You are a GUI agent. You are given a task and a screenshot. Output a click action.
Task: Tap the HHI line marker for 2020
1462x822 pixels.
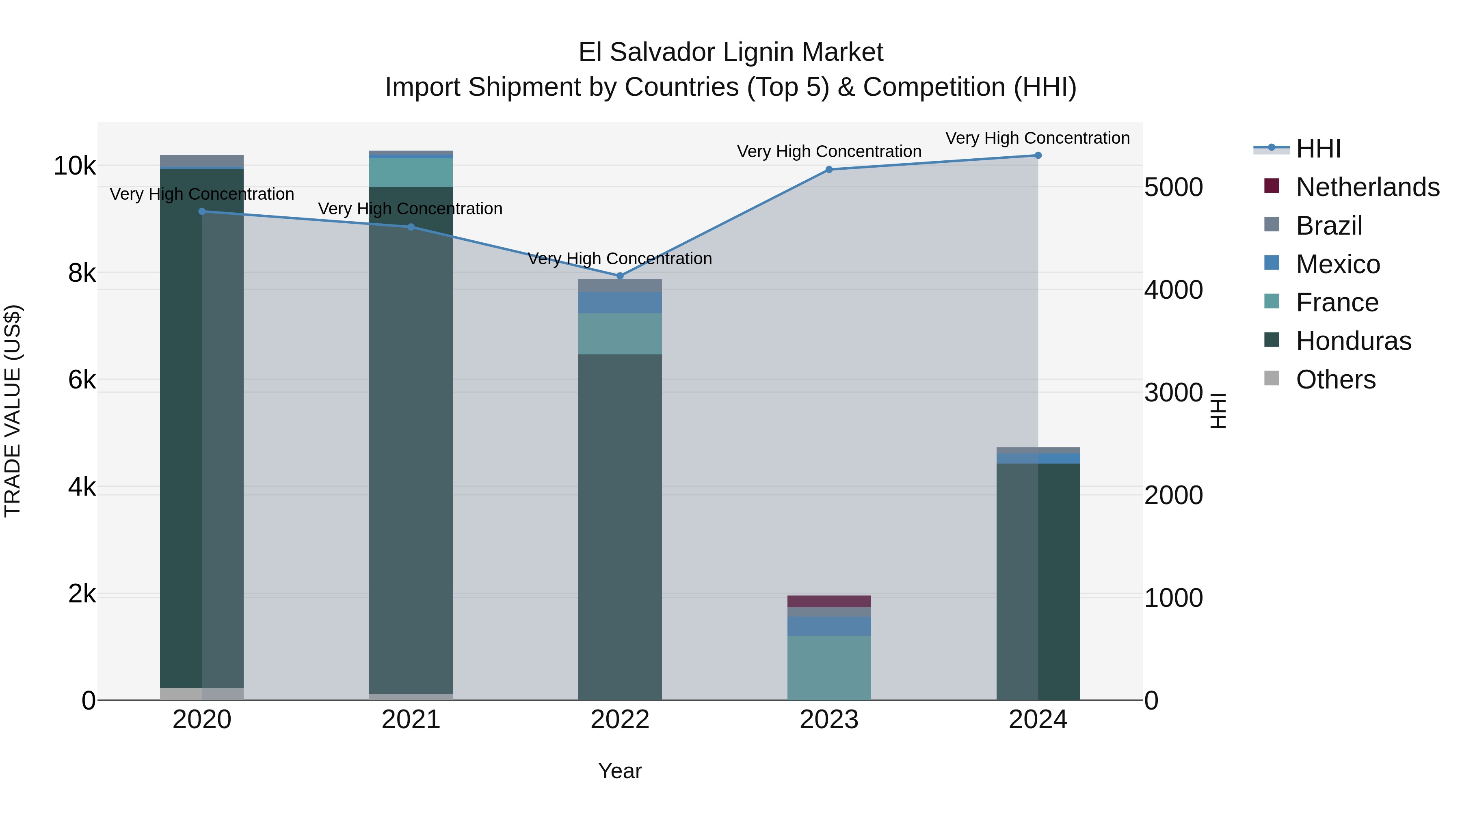click(x=202, y=211)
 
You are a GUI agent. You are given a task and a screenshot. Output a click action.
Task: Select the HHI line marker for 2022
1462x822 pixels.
click(x=620, y=276)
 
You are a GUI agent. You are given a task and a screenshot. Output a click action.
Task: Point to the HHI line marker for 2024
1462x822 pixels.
click(x=1038, y=155)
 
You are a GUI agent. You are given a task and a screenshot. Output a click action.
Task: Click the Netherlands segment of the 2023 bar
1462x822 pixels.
click(x=828, y=601)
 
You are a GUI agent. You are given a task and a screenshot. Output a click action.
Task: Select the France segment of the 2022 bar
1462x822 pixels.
click(x=620, y=334)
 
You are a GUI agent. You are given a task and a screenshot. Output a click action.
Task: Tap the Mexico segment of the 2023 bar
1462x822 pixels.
click(x=828, y=626)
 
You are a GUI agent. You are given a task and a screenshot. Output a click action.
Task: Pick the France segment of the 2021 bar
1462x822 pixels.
click(x=411, y=173)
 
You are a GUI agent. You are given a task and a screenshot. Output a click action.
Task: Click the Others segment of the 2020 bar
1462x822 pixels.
click(x=202, y=694)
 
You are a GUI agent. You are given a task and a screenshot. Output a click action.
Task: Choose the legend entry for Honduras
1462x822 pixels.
click(x=1353, y=341)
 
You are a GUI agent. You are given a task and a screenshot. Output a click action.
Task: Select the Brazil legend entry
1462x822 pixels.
click(x=1329, y=226)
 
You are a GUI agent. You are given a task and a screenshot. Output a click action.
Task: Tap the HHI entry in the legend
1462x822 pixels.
click(x=1318, y=149)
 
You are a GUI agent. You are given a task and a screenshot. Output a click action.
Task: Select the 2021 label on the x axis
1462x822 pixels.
click(x=411, y=720)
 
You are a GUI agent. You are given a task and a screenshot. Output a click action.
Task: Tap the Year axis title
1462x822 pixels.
click(x=620, y=771)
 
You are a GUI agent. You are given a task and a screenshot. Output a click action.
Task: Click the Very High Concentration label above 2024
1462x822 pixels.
click(x=1038, y=138)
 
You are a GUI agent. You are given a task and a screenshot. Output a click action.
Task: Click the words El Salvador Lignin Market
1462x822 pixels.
click(x=731, y=52)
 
